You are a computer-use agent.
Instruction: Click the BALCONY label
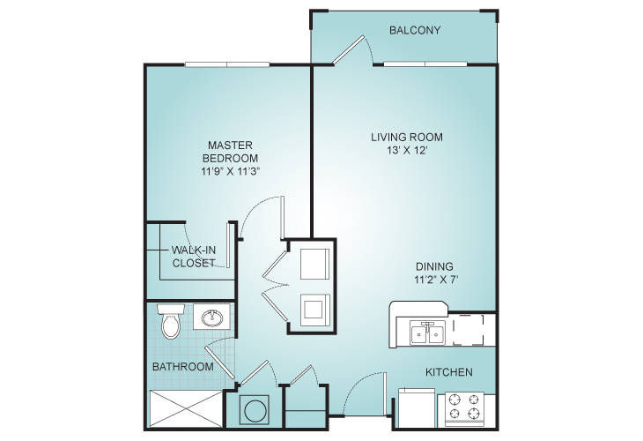(x=415, y=30)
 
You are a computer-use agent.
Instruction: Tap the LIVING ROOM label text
(x=407, y=137)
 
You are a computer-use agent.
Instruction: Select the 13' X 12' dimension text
(x=407, y=150)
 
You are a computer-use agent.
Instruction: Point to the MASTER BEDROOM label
(x=230, y=152)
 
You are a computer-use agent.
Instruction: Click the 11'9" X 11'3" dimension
(x=231, y=171)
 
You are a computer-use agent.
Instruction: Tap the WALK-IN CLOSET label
(x=194, y=257)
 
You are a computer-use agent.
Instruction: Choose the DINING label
(x=434, y=266)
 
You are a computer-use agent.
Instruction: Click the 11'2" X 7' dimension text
(x=435, y=280)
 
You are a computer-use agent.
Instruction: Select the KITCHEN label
(x=448, y=372)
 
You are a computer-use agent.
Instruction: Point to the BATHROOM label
(x=183, y=366)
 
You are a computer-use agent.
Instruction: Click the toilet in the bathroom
(x=170, y=321)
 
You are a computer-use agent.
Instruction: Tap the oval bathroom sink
(x=212, y=317)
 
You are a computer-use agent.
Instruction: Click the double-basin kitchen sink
(x=427, y=333)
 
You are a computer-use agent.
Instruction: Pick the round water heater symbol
(x=254, y=409)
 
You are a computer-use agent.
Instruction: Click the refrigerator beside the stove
(x=417, y=407)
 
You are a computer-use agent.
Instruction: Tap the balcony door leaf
(x=348, y=50)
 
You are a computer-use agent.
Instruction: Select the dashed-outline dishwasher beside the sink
(x=468, y=330)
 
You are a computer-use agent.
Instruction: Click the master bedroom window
(x=227, y=64)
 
